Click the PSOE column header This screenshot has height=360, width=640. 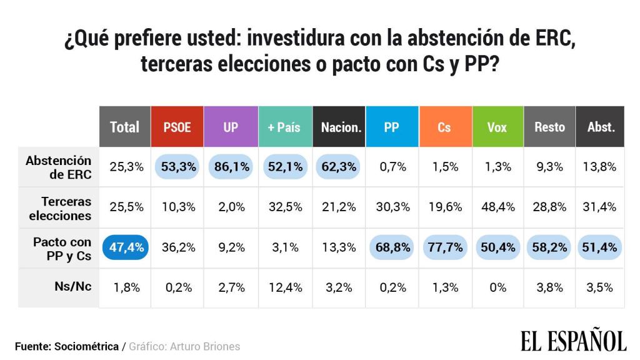point(177,127)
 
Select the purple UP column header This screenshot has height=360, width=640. point(231,127)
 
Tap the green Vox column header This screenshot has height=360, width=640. point(497,127)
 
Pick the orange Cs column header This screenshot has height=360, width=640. point(444,127)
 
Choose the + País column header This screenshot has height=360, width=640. point(284,127)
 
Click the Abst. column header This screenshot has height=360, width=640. point(601,127)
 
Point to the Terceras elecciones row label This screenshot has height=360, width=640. point(66,209)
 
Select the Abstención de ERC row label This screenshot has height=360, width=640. point(59,167)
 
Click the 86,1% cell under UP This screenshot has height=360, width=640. point(231,166)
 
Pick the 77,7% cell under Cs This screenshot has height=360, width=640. point(444,247)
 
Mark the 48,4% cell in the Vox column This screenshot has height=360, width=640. point(497,207)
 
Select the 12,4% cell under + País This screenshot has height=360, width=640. point(284,287)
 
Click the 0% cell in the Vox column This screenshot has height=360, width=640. point(497,287)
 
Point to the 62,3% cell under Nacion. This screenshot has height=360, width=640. point(338,166)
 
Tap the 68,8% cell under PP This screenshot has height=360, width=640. point(391,247)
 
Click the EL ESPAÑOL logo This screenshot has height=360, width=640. point(573,341)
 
